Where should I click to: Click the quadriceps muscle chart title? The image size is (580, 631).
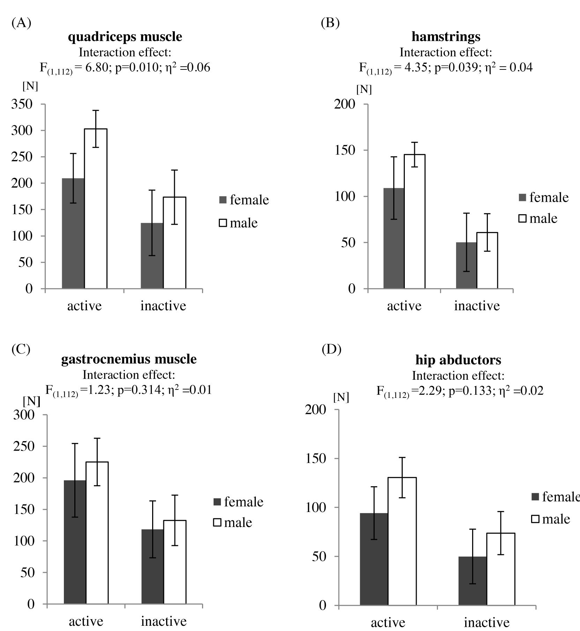pos(125,37)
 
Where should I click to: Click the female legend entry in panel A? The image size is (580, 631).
pos(244,200)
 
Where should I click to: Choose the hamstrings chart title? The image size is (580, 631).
pos(446,37)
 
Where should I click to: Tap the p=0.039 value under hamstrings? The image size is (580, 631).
pos(455,67)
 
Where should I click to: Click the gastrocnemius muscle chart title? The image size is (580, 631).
pos(129,359)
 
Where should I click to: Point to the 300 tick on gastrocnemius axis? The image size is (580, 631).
pos(24,415)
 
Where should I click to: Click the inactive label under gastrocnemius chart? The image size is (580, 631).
pos(163,621)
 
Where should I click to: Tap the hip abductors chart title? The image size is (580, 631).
pos(458,360)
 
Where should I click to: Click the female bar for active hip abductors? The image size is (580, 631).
pos(374,558)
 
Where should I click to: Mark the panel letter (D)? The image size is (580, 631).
pos(331,349)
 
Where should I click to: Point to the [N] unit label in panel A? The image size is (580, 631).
pos(30,86)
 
